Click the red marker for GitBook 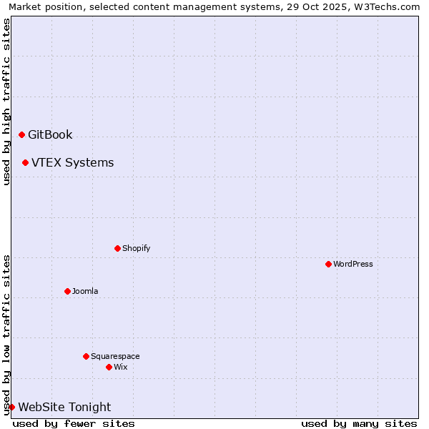point(21,134)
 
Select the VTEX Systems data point point(25,162)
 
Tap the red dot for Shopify point(117,248)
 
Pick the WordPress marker point(328,264)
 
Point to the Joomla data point point(67,291)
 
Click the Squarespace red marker point(86,356)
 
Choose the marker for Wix point(109,367)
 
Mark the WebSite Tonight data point point(11,407)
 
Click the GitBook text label point(50,134)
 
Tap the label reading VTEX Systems point(72,162)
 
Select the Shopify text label point(136,248)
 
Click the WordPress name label point(352,264)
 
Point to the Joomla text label point(85,291)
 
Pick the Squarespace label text point(115,356)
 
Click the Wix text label point(120,367)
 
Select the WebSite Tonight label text point(64,407)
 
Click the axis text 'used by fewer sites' point(74,423)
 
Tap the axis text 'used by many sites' point(359,423)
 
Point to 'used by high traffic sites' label point(6,102)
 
